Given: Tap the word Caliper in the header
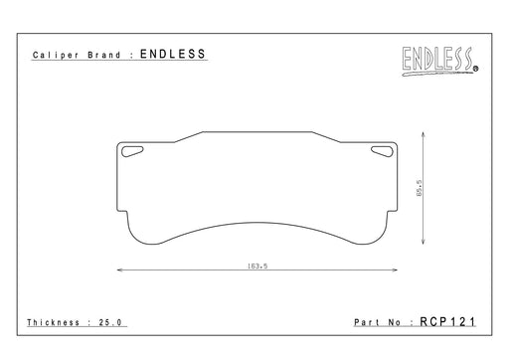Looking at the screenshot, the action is coord(56,55).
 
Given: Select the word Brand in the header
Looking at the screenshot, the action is coord(104,55).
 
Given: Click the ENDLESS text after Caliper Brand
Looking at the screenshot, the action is coord(173,54).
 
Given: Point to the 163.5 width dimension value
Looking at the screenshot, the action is coord(257,266).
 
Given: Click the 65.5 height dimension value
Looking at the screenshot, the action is coord(420,188).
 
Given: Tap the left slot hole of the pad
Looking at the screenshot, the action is coord(132,151).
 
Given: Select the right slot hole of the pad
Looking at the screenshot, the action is coord(382,151).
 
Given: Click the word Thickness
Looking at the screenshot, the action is coord(53,322).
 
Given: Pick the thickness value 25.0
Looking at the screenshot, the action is coord(110,322).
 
